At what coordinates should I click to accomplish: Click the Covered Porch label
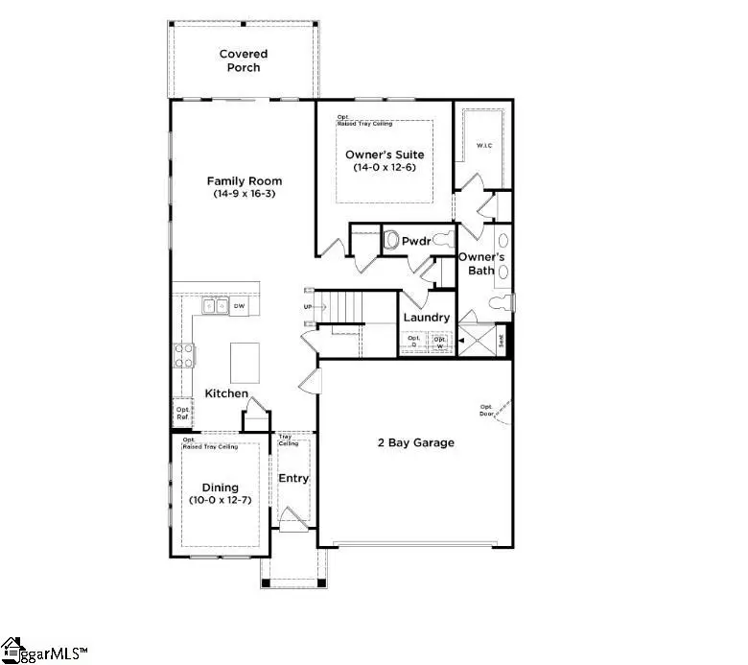click(x=243, y=61)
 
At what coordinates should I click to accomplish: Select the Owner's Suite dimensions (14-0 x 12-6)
click(x=384, y=168)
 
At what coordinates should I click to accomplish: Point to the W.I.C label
click(x=484, y=147)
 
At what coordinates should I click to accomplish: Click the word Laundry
click(x=427, y=318)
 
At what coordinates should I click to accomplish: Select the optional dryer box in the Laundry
click(x=414, y=341)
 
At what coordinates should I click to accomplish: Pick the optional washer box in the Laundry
click(x=440, y=341)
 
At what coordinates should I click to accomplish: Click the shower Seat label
click(x=500, y=340)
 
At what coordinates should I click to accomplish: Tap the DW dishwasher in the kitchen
click(x=240, y=306)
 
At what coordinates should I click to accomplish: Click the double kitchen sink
click(x=215, y=306)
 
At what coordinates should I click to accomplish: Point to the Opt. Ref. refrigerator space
click(x=182, y=413)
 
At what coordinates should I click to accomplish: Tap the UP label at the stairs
click(x=308, y=307)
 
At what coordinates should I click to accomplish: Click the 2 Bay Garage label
click(x=414, y=442)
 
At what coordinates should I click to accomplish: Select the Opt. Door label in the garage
click(x=486, y=410)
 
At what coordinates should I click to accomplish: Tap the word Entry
click(x=292, y=478)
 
